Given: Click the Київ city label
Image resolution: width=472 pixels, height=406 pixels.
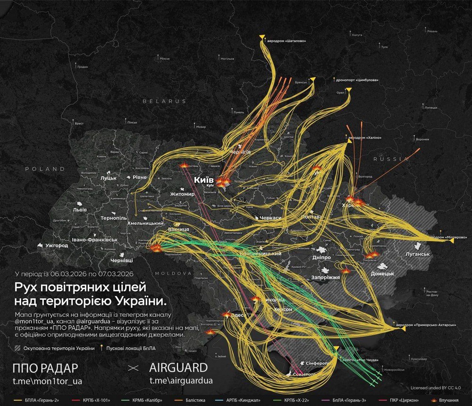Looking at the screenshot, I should click(x=204, y=180).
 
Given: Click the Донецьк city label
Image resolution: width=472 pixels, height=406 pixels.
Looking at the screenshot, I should click(x=382, y=273).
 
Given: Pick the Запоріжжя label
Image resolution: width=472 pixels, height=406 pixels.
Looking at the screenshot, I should click(x=326, y=278).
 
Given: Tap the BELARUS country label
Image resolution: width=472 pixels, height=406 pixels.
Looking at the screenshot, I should click(x=165, y=101).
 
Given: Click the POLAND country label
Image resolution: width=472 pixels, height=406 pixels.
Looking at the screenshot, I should click(x=45, y=169).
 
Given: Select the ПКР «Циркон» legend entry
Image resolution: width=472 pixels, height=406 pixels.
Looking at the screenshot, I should click(x=403, y=400).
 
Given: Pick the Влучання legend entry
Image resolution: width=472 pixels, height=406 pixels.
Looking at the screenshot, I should click(x=448, y=400).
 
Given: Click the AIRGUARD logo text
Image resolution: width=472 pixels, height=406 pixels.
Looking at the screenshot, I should click(x=178, y=367).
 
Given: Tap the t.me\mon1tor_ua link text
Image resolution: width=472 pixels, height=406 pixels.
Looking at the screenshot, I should click(x=49, y=381).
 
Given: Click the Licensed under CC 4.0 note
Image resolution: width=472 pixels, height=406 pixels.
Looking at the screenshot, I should click(x=435, y=388).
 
